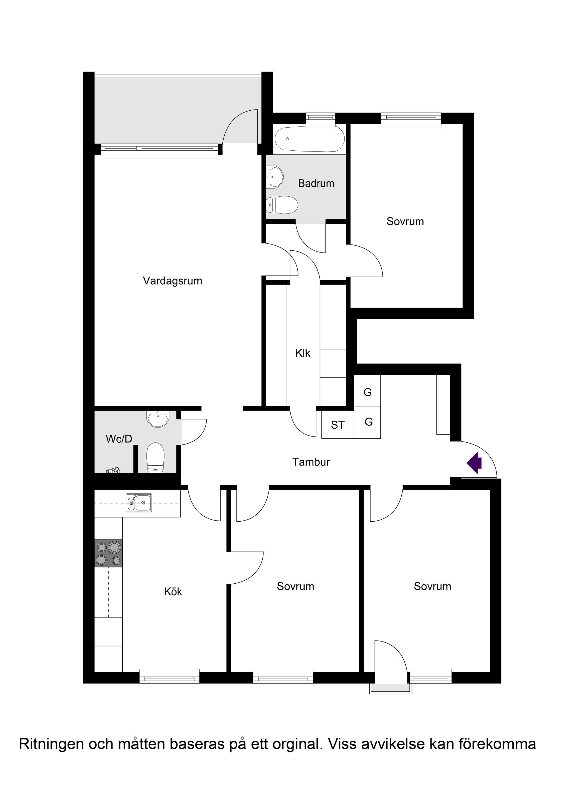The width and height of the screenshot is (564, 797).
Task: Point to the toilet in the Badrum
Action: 282,205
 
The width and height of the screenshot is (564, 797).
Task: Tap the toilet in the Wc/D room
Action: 155,459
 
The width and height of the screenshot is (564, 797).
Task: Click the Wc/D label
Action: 119,439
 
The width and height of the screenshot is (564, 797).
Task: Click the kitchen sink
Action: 139,502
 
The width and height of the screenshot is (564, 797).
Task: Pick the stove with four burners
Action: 108,553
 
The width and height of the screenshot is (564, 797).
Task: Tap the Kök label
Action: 173,592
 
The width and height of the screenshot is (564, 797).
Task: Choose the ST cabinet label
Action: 338,425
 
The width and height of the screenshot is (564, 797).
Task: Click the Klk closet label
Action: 303,353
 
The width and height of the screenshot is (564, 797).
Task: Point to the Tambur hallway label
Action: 311,462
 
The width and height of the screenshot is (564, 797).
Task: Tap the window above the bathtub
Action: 320,118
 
